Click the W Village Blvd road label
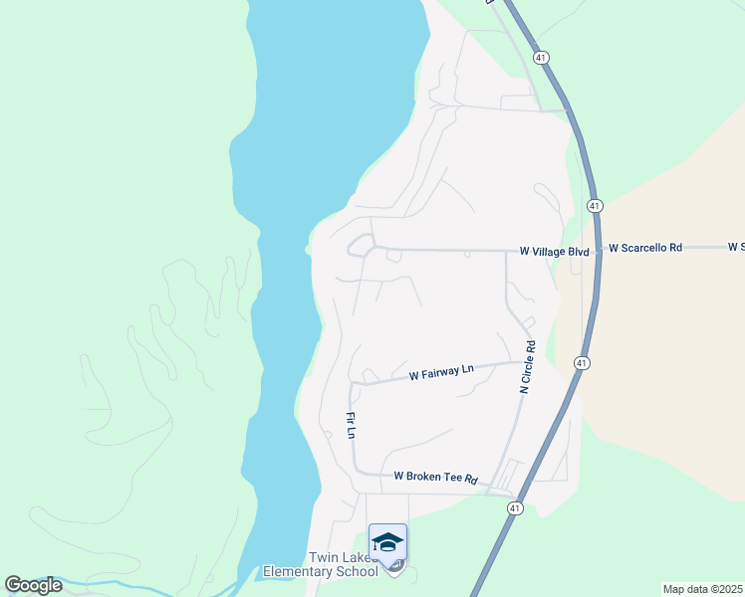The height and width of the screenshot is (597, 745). [555, 252]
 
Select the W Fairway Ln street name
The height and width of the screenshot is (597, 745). [441, 373]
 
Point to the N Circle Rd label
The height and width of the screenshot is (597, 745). [528, 368]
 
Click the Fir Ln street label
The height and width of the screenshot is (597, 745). [351, 425]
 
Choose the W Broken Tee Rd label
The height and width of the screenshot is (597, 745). [435, 478]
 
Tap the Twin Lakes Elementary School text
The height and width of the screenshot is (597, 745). [331, 564]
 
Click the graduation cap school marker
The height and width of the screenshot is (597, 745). [387, 542]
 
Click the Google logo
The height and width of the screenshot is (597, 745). [33, 585]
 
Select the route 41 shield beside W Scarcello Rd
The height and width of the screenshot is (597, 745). [594, 206]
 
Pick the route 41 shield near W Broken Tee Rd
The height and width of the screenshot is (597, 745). [514, 508]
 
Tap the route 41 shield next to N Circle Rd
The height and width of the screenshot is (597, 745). [580, 363]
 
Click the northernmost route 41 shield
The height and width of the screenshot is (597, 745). [540, 58]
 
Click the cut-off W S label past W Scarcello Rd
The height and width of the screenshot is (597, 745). [736, 247]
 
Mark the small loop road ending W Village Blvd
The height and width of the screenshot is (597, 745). [359, 246]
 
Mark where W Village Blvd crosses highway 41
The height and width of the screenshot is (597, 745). [598, 251]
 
